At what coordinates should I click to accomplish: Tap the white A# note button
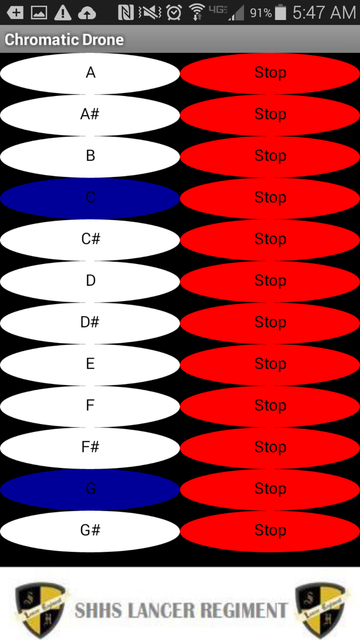(90, 115)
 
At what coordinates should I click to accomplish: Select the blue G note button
(90, 489)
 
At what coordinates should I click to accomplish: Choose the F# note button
(90, 447)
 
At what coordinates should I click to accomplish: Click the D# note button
(90, 322)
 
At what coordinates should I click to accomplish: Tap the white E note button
(90, 364)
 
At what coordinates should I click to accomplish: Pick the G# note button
(90, 531)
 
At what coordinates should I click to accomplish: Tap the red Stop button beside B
(270, 156)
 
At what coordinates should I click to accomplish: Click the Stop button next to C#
(270, 239)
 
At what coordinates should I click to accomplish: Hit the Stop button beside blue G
(270, 489)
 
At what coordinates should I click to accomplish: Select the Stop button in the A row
(270, 73)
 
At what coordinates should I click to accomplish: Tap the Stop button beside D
(270, 281)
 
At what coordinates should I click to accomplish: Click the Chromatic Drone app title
(64, 40)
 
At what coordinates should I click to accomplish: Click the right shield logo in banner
(320, 610)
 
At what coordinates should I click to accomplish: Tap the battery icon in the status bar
(280, 12)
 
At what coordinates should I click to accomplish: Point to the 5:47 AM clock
(324, 12)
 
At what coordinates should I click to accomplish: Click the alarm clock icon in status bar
(174, 13)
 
